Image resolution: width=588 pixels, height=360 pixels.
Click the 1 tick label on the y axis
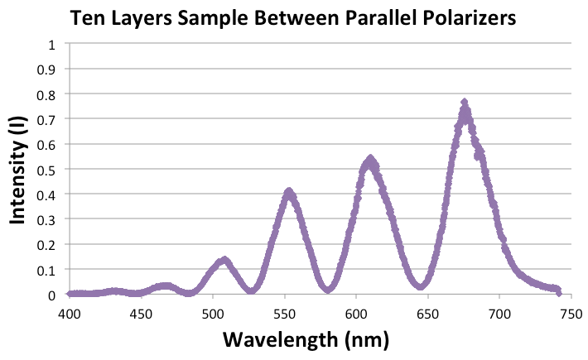(53, 43)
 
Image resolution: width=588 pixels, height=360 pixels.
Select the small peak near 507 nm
(224, 261)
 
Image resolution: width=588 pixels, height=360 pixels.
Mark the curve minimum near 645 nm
(422, 286)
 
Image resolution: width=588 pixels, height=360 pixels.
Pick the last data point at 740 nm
(557, 290)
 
